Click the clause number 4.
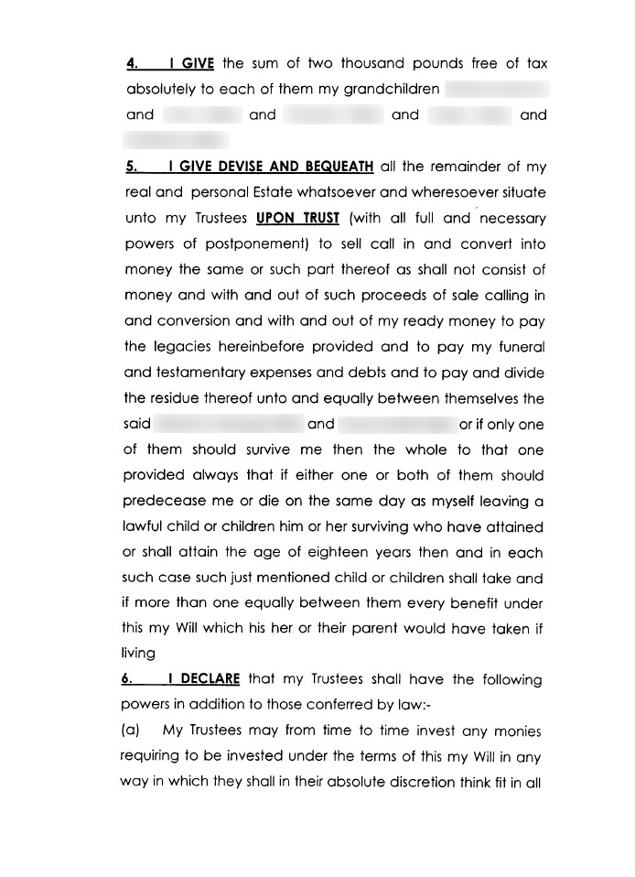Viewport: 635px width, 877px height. tap(132, 64)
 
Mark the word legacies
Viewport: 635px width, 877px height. tap(184, 348)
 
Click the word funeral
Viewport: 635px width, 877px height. tap(520, 348)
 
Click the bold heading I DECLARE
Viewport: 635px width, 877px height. tap(203, 679)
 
